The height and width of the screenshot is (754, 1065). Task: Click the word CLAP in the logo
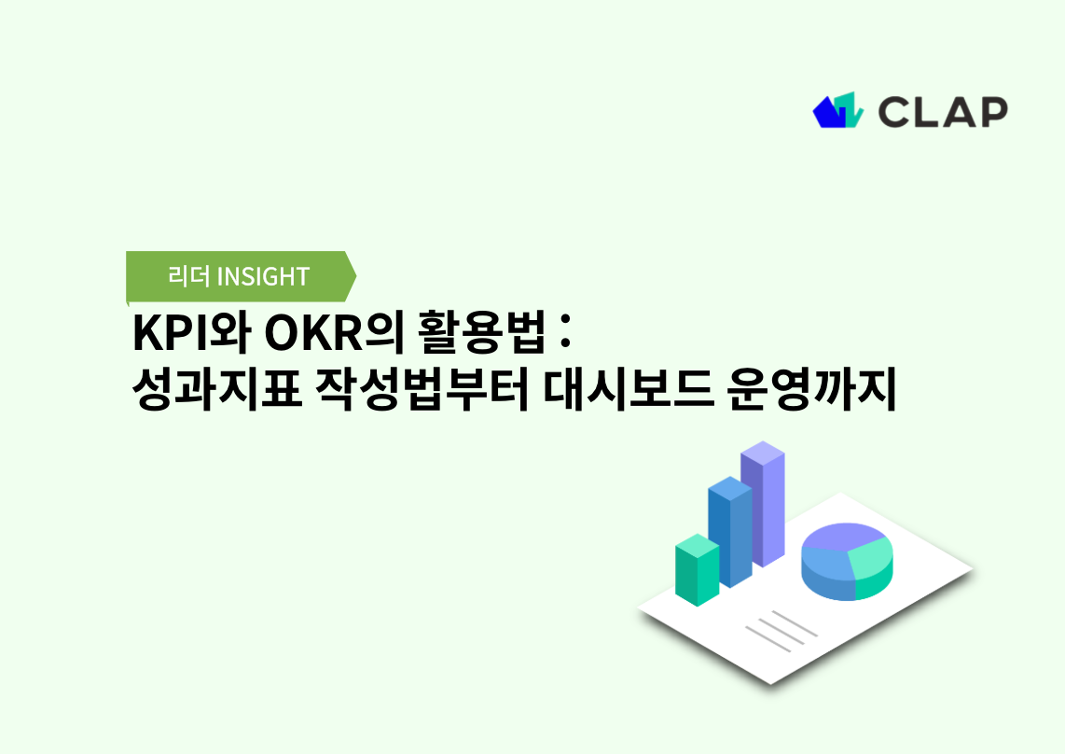(942, 111)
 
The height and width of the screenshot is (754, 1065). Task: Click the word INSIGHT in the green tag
(262, 276)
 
